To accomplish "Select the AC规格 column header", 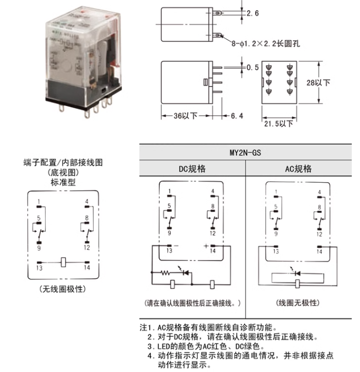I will [x=298, y=168].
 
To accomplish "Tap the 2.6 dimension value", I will [x=252, y=13].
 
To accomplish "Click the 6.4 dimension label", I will [x=237, y=116].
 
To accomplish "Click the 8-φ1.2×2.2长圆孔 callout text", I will [x=265, y=44].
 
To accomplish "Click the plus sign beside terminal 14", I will [x=206, y=245].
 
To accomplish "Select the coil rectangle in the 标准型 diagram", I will [x=63, y=262].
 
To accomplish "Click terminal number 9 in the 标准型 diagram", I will [x=39, y=247].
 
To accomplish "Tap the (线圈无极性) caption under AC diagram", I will [x=298, y=303].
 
